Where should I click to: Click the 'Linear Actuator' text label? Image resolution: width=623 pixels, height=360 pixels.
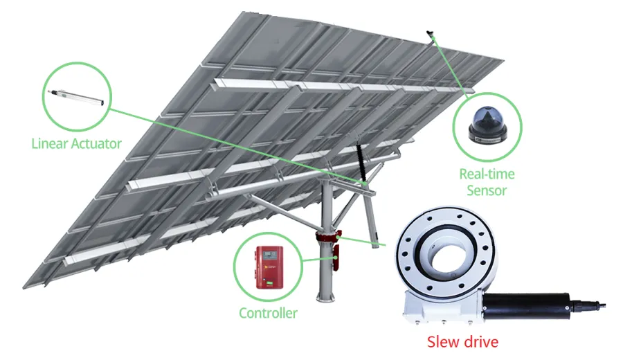click(76, 144)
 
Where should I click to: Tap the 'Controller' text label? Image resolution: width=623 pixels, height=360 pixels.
click(268, 313)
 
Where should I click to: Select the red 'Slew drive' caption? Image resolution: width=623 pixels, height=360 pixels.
click(462, 341)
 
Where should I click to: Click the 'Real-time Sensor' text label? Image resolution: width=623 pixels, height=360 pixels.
click(487, 181)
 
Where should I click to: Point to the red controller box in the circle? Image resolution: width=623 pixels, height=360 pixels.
click(267, 266)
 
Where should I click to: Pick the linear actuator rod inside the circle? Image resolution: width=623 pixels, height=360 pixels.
click(76, 95)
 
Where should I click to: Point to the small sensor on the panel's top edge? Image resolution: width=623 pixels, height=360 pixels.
click(430, 33)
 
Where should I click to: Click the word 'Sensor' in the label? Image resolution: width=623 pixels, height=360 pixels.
click(487, 190)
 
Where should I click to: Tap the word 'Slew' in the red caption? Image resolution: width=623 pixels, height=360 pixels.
click(442, 341)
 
